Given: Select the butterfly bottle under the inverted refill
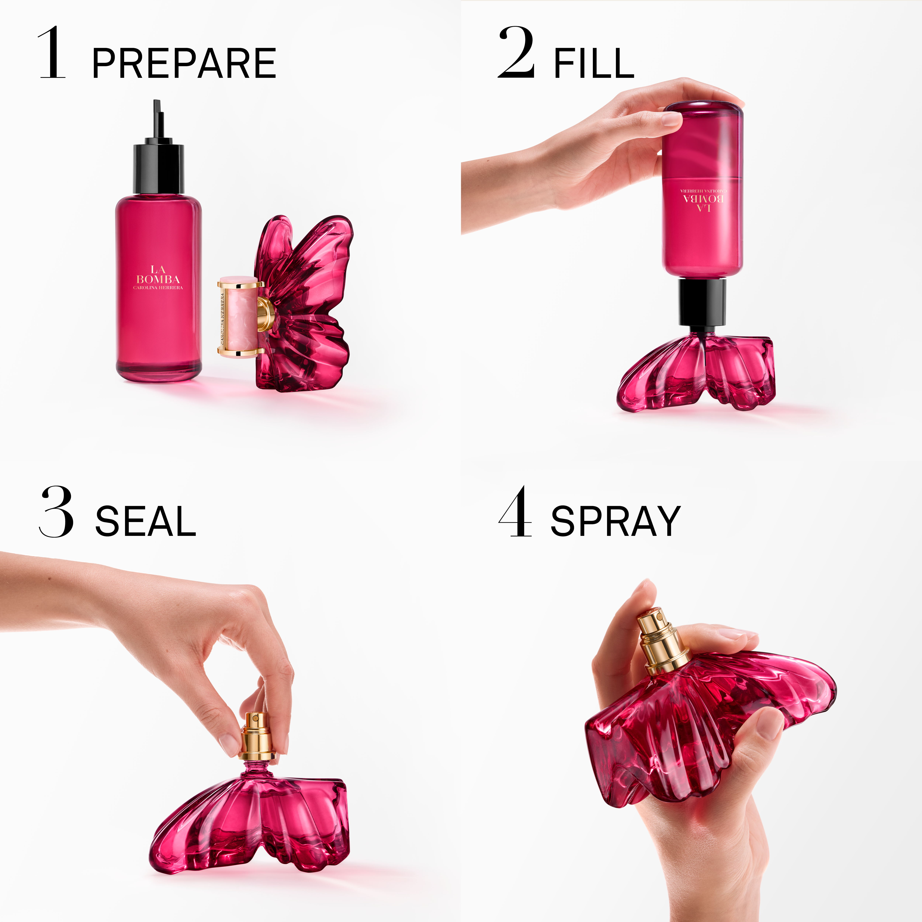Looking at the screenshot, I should tap(697, 372).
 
